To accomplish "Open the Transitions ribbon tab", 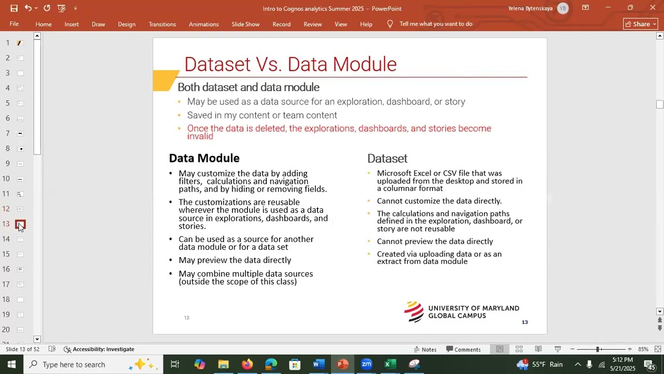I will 162,24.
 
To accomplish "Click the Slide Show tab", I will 245,24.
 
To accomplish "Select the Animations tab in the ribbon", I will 203,24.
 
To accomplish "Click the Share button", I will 640,24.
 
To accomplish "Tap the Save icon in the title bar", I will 14,8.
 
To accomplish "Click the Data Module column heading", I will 204,158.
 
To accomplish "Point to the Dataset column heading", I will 387,158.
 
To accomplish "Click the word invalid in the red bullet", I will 200,136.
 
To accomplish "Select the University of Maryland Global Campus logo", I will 461,312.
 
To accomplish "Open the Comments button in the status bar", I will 463,349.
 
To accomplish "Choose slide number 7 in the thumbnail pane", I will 20,133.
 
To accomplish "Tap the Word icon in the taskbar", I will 318,364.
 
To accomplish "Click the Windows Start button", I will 11,364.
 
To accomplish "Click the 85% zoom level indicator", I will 643,349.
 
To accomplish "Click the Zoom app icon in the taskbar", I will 366,364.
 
